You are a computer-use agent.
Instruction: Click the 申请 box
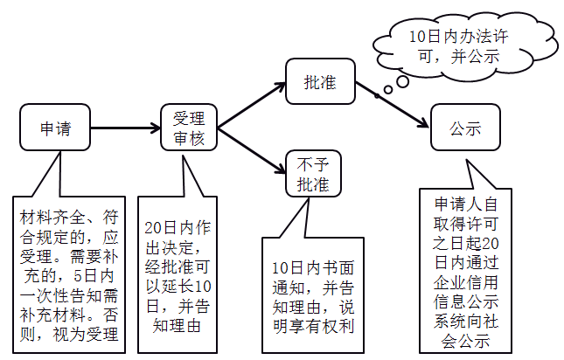click(54, 129)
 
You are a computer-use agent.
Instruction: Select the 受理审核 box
click(188, 128)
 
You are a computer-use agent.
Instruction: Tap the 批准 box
click(319, 84)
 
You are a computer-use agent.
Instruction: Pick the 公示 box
click(465, 128)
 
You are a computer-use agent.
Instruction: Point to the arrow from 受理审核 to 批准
click(252, 106)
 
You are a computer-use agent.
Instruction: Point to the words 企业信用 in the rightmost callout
click(466, 283)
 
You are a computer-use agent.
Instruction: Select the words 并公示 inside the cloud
click(470, 54)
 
